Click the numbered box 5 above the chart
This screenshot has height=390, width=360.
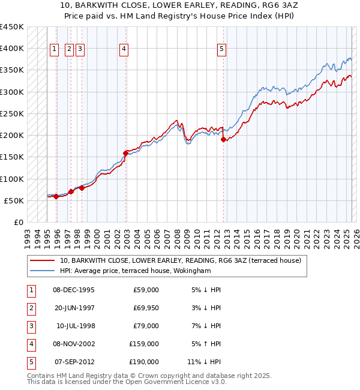221,49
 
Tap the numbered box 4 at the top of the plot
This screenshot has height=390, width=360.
124,49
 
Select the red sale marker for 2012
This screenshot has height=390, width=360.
223,139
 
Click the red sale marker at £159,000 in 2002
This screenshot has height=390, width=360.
125,153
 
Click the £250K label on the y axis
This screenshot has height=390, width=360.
12,113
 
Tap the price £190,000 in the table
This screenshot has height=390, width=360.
144,362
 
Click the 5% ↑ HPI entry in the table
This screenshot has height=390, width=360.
206,344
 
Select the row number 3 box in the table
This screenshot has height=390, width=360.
31,326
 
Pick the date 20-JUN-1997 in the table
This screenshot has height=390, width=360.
74,308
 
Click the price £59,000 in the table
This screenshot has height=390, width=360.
146,290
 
